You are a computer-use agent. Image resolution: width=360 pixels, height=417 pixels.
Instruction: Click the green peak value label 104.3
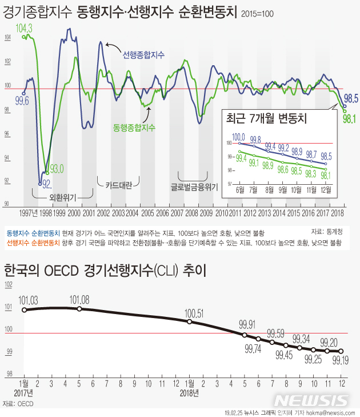[24, 28]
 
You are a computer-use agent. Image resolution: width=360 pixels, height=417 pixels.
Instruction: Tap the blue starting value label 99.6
[22, 101]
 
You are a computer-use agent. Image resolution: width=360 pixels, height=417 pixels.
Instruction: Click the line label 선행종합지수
[143, 55]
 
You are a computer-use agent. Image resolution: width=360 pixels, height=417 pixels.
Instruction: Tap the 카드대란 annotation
[119, 185]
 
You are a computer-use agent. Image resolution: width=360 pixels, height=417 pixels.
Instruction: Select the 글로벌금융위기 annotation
[194, 186]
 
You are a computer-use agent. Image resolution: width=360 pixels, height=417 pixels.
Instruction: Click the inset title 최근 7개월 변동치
[267, 118]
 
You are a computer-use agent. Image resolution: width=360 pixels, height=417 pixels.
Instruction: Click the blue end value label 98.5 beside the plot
[351, 98]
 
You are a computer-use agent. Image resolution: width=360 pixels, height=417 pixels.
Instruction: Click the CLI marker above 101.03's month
[25, 310]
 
